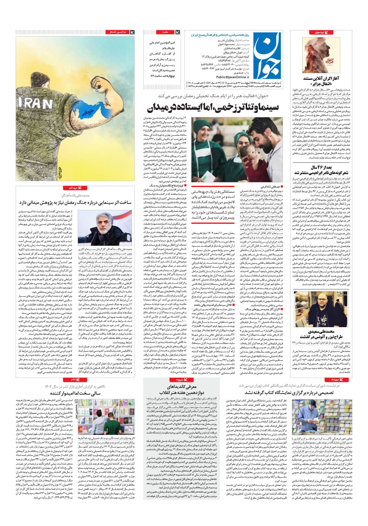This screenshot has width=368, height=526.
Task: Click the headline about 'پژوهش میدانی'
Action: click(75, 202)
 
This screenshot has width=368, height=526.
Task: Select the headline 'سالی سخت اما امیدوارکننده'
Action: click(75, 393)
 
